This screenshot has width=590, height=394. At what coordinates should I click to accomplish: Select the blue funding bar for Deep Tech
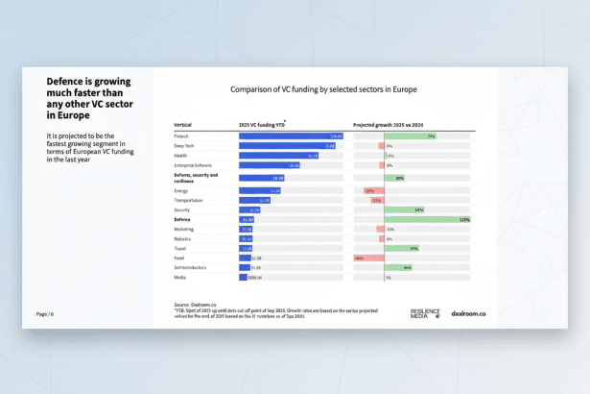287,146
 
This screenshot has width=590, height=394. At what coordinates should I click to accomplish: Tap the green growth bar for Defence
427,220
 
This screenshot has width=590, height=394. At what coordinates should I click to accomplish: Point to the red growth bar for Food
368,259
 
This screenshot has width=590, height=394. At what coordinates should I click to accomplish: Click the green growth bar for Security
404,209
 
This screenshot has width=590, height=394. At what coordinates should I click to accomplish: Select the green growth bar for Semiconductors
398,268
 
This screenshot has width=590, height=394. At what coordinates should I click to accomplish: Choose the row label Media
180,278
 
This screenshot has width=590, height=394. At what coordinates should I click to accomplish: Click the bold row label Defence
182,220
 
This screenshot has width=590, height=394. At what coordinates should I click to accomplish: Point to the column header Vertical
183,125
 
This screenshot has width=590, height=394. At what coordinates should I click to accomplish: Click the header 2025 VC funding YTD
262,125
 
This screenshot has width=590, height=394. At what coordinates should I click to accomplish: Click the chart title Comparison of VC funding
323,89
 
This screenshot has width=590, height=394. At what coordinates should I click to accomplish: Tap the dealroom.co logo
468,313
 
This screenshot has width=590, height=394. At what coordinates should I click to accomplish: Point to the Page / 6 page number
45,314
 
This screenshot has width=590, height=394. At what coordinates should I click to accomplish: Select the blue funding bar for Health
278,156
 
